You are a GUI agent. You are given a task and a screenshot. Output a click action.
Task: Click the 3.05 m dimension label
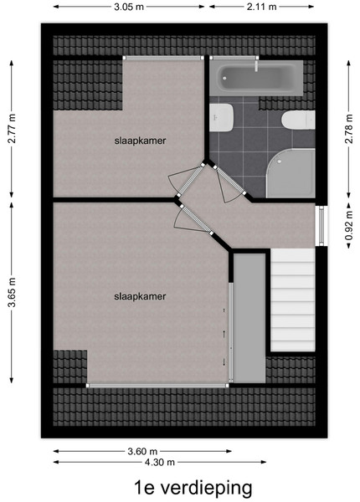129,7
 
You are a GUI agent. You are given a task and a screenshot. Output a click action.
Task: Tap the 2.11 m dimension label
261,7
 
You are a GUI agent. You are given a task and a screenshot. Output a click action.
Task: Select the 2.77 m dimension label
12,129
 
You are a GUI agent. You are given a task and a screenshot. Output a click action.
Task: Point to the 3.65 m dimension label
12,293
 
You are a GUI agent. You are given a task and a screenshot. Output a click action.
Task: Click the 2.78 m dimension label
349,129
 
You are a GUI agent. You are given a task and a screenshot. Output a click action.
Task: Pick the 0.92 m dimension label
349,225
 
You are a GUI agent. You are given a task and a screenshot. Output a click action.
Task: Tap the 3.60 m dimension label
142,452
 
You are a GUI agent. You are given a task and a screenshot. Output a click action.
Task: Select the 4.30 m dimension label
160,462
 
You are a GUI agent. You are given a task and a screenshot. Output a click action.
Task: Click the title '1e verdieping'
193,488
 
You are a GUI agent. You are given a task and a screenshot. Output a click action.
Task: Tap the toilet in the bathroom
298,120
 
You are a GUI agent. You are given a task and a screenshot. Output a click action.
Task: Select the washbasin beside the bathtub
221,117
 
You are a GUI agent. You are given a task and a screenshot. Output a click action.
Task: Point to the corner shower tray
291,173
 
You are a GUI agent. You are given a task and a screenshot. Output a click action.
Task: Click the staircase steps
293,300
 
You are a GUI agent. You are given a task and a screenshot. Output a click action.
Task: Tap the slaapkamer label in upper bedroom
141,141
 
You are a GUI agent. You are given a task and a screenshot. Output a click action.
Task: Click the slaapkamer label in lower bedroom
140,296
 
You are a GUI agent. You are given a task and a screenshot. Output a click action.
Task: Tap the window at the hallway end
321,226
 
